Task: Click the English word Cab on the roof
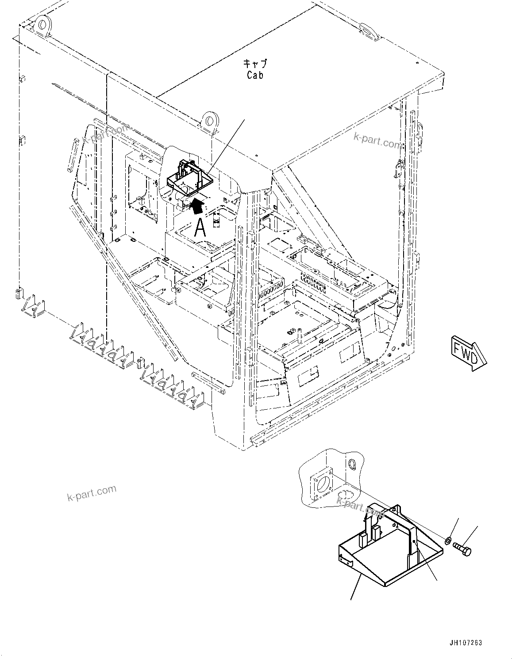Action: [255, 75]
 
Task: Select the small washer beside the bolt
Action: [447, 540]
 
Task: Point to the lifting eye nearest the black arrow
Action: [209, 121]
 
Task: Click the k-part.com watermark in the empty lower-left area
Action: [92, 493]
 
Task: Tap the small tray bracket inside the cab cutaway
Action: [188, 178]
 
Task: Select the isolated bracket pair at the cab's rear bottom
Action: [32, 305]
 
